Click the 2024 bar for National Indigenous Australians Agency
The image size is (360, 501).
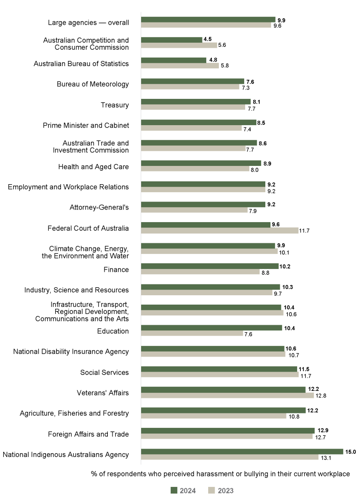point(242,451)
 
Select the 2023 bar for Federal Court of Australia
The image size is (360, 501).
point(219,231)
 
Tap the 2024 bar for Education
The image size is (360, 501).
point(211,328)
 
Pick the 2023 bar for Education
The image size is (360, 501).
point(192,334)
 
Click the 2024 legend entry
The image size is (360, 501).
point(183,491)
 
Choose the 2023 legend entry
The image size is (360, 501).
point(221,491)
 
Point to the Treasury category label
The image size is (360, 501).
point(115,105)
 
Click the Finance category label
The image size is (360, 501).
point(116,269)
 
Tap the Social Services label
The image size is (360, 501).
point(105,373)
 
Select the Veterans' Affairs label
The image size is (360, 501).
point(103,393)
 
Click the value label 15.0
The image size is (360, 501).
point(351,451)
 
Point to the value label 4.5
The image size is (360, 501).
point(208,39)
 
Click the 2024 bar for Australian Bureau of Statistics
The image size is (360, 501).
point(173,60)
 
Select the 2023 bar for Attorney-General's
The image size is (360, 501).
point(194,210)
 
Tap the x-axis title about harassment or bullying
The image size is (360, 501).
point(220,474)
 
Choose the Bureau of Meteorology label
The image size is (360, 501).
point(93,84)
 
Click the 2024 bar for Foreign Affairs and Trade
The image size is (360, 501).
point(228,431)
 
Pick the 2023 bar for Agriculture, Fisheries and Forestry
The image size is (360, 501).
point(213,416)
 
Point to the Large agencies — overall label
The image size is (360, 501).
point(88,22)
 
